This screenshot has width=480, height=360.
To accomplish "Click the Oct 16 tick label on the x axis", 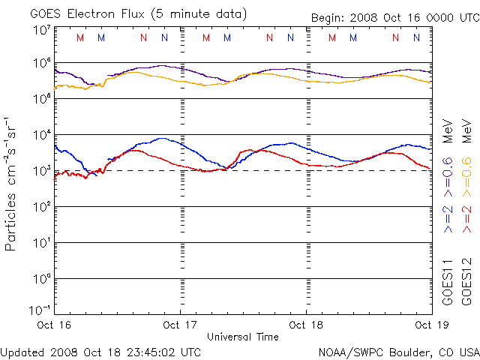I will click(x=55, y=325).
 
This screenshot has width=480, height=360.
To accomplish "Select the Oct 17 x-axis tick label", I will click(x=181, y=325).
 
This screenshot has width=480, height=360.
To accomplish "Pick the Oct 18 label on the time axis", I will click(x=306, y=325).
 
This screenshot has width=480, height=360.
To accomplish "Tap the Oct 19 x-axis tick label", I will click(x=431, y=325).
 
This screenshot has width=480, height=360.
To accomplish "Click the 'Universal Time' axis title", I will click(x=243, y=337).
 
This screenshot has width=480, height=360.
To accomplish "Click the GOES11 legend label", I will click(x=448, y=281).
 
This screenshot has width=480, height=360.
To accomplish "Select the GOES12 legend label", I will click(x=466, y=281).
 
